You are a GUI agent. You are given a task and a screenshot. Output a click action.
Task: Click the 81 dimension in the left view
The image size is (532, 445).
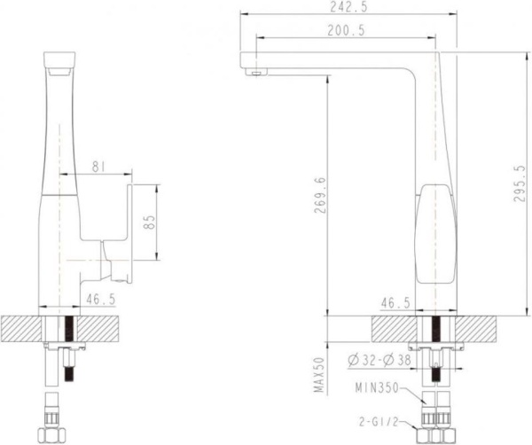point(100,165)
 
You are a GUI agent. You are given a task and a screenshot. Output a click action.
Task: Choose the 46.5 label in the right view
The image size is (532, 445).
point(395,302)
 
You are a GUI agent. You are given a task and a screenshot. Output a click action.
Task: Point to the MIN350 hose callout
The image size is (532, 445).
point(376,387)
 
